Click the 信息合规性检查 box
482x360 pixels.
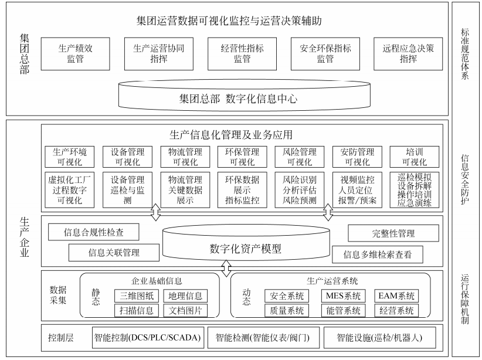[93, 232]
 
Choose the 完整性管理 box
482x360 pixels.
[389, 233]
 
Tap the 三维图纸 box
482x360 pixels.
[136, 296]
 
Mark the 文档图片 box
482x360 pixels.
[185, 311]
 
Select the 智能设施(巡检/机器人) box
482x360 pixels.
[379, 338]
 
